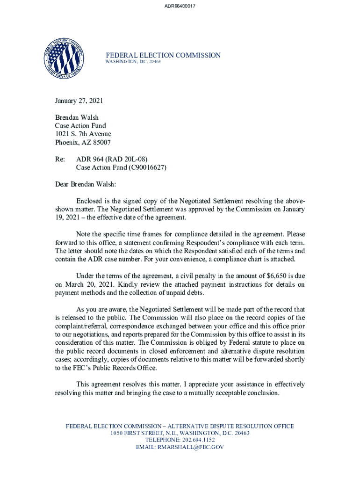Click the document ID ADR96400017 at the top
tap(180, 6)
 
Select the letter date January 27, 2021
tap(79, 101)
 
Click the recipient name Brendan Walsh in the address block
tap(77, 117)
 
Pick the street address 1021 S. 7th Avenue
tap(83, 134)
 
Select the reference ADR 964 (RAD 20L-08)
tap(115, 159)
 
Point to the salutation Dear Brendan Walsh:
tap(88, 184)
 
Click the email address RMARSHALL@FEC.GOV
tap(191, 447)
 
